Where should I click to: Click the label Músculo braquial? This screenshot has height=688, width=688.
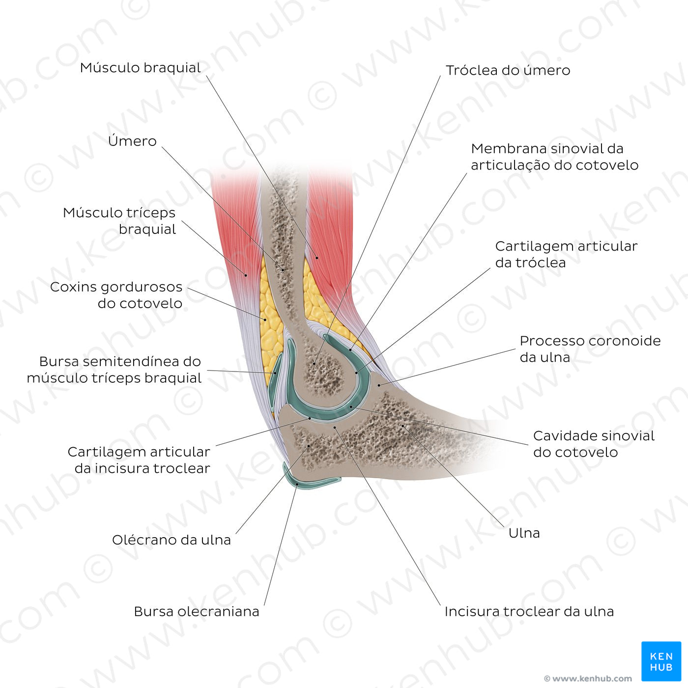pos(140,68)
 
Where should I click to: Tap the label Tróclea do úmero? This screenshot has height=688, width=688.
pos(508,70)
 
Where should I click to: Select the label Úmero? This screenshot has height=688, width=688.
pos(132,141)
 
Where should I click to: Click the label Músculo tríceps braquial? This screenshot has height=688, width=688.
pos(119,221)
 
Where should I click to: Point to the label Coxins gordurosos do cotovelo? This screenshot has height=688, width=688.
pos(116,295)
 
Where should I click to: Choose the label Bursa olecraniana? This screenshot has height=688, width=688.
pos(196,611)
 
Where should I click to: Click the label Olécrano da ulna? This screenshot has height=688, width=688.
pos(171,540)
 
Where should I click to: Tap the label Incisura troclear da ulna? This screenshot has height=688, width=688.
pos(529,611)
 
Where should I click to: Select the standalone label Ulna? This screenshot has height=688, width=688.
pos(524,533)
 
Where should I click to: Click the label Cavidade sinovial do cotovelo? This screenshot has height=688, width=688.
pos(594,444)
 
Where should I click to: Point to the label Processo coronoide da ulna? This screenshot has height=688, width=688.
pos(590,349)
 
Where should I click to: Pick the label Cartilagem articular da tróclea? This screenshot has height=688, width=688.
pos(566,254)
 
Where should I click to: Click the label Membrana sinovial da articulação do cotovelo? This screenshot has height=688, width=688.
pos(554,157)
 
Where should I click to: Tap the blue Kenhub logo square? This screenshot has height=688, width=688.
pos(661,661)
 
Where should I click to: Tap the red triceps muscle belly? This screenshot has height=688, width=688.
pos(236,221)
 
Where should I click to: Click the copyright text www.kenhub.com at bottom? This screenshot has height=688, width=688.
pos(588,679)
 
